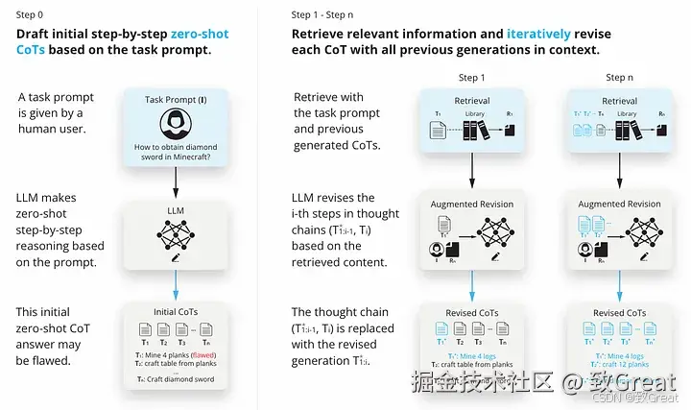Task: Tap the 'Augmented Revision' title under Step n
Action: coord(620,204)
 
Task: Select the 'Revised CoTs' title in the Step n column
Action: coord(620,312)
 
